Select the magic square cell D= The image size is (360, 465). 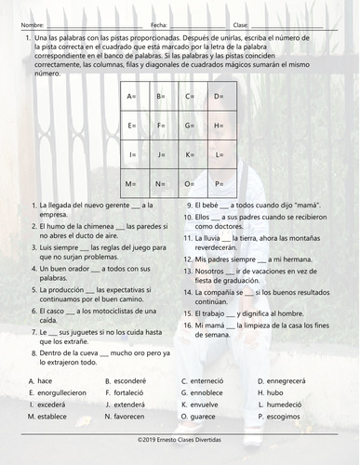(220, 96)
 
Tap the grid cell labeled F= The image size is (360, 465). (164, 125)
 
